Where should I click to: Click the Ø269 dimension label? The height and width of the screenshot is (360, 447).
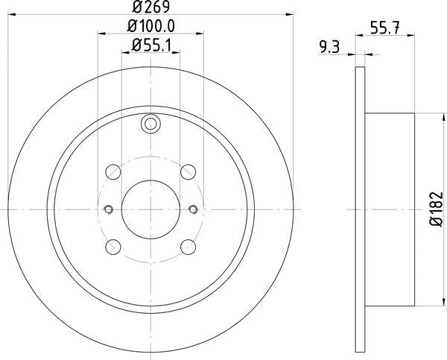click(x=150, y=7)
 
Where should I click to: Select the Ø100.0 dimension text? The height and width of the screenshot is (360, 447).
click(x=150, y=26)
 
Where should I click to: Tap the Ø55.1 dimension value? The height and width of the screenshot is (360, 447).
click(x=151, y=45)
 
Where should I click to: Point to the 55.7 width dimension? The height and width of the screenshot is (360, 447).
click(x=385, y=28)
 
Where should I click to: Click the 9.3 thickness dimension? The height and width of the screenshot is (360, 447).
click(x=329, y=47)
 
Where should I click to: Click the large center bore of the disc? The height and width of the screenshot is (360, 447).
click(x=150, y=209)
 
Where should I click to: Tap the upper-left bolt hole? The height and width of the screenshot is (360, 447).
click(x=113, y=172)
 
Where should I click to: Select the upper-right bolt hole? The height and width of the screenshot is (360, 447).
click(x=188, y=172)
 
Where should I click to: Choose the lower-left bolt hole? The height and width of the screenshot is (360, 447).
click(x=113, y=247)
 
